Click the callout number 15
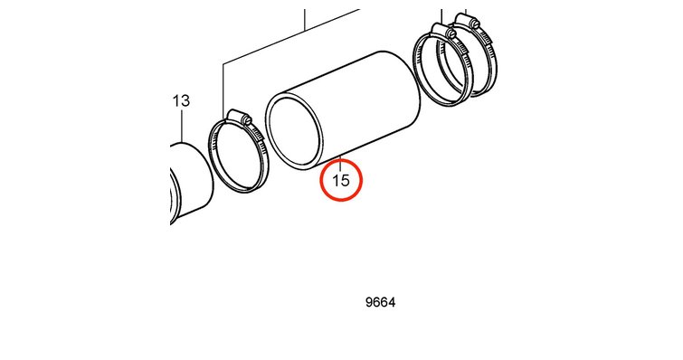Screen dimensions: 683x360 point(341,180)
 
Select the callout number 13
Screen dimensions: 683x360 point(181,101)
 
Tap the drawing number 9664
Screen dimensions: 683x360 point(380,302)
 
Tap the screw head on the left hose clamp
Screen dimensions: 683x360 point(248,119)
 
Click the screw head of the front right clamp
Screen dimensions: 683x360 point(451,33)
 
